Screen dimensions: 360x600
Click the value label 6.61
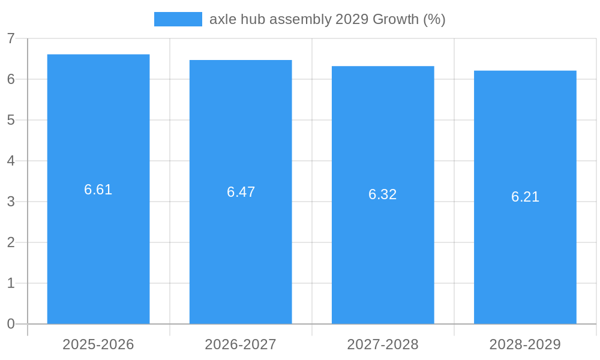point(98,190)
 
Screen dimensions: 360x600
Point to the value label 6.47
point(241,192)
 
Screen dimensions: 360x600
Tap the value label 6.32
point(383,194)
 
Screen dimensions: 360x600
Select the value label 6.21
point(525,197)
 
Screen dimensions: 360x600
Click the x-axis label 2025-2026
point(98,344)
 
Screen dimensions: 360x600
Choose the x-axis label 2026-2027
point(241,344)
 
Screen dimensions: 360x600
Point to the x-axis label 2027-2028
point(383,344)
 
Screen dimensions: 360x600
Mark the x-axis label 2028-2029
point(525,344)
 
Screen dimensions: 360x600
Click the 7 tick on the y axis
point(11,38)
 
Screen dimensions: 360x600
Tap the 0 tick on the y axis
point(11,324)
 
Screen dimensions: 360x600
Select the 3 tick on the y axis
point(11,202)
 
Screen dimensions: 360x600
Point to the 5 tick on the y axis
point(11,120)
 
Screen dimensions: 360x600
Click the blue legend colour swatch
point(178,19)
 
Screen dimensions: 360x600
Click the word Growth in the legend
point(396,19)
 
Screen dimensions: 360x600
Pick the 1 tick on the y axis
point(11,283)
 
